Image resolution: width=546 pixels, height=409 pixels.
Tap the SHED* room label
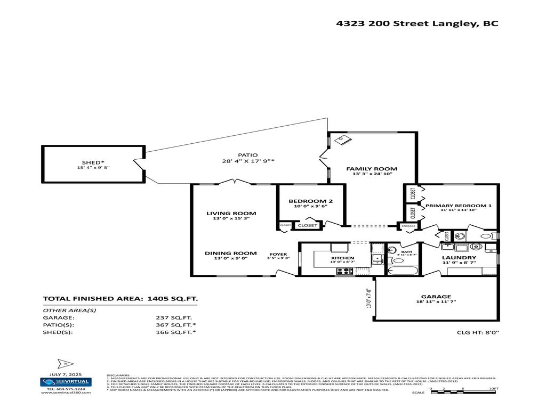pyautogui.click(x=93, y=162)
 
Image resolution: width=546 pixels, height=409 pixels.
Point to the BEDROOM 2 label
pyautogui.click(x=310, y=201)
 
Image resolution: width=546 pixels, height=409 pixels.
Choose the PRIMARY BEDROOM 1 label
pyautogui.click(x=459, y=206)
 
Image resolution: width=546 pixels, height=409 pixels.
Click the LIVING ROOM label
pyautogui.click(x=224, y=213)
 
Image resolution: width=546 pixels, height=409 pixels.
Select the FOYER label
pyautogui.click(x=278, y=254)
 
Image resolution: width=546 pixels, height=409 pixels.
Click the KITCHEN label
pyautogui.click(x=342, y=258)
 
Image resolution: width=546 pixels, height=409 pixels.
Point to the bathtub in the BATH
pyautogui.click(x=404, y=271)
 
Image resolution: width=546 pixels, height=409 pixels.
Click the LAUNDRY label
pyautogui.click(x=459, y=258)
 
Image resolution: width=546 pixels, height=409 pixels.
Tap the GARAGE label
pyautogui.click(x=436, y=297)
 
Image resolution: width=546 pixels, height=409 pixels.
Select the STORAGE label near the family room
pyautogui.click(x=408, y=226)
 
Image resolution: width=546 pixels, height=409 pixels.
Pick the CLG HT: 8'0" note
pyautogui.click(x=478, y=332)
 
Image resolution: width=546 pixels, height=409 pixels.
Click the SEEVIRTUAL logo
pyautogui.click(x=66, y=381)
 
